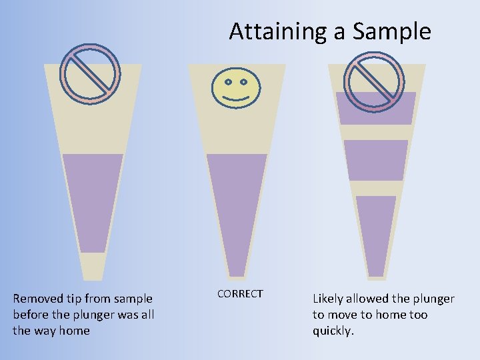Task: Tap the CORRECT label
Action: click(240, 294)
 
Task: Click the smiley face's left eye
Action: click(227, 83)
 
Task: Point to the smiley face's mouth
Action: click(235, 99)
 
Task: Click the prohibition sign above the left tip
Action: click(90, 74)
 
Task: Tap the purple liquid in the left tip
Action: click(93, 200)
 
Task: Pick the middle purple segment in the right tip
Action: click(376, 160)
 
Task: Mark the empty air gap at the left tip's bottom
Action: click(93, 265)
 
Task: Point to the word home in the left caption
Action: click(74, 331)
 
